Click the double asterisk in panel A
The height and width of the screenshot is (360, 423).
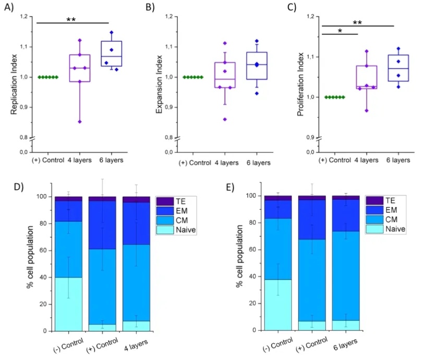point(71,20)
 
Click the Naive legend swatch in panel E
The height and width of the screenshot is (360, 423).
point(374,229)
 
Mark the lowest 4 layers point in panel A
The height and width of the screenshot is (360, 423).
point(80,122)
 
